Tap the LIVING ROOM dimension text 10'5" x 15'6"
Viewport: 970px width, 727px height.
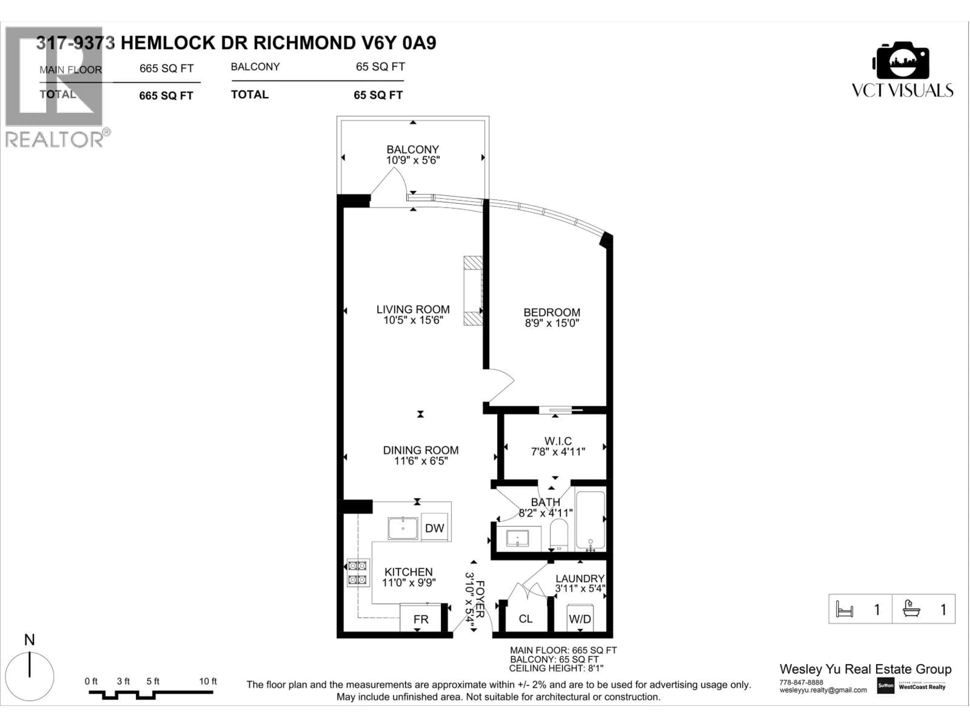[x=413, y=320]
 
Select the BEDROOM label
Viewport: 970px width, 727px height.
[x=552, y=313]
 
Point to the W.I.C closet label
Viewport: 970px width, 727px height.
[x=558, y=441]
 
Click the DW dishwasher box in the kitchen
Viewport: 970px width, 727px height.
[x=434, y=528]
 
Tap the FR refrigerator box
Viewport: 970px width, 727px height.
[x=421, y=619]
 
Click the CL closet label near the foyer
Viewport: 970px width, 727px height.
[x=525, y=619]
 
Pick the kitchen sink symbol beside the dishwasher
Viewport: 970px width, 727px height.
[x=403, y=529]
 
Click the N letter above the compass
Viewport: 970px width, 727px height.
[x=29, y=640]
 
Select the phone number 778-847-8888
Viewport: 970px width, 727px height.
[x=801, y=682]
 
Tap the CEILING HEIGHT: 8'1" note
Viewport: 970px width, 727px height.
[x=556, y=668]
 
